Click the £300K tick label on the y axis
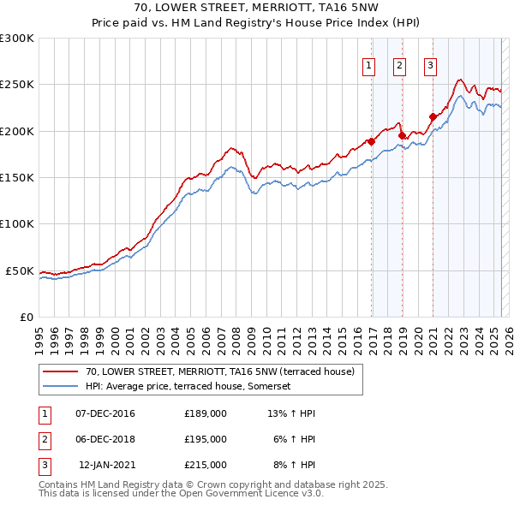17,39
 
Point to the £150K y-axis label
17,177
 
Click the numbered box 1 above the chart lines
369,67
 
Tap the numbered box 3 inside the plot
429,67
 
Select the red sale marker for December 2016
371,141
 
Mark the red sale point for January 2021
433,116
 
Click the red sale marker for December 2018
402,135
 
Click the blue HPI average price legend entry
188,386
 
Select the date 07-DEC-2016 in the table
105,413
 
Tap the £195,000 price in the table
206,439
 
